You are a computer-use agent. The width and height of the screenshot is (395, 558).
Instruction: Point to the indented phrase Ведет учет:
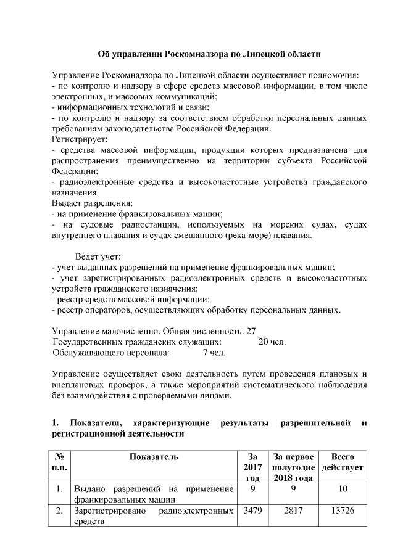pos(98,256)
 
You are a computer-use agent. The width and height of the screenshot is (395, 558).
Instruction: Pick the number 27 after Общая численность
pos(251,330)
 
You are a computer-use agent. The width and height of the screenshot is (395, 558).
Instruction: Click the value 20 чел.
pos(272,342)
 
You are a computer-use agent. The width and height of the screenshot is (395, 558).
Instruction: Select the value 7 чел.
pos(214,353)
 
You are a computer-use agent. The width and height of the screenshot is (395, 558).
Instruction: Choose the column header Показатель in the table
pos(154,457)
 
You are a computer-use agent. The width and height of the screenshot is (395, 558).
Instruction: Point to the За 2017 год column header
pos(252,467)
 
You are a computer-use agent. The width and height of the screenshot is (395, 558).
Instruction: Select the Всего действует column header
pos(343,462)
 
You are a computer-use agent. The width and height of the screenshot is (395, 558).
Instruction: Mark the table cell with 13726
pos(343,511)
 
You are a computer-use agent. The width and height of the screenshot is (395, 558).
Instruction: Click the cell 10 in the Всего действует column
pos(343,489)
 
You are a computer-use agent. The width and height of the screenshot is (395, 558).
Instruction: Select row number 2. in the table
pos(60,511)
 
